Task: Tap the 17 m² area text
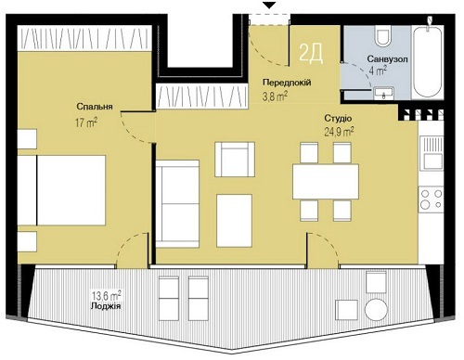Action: pos(87,121)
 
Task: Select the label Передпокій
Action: pos(284,83)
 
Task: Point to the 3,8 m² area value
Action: pos(275,95)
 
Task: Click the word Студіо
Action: pos(337,119)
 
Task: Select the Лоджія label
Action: pos(108,305)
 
